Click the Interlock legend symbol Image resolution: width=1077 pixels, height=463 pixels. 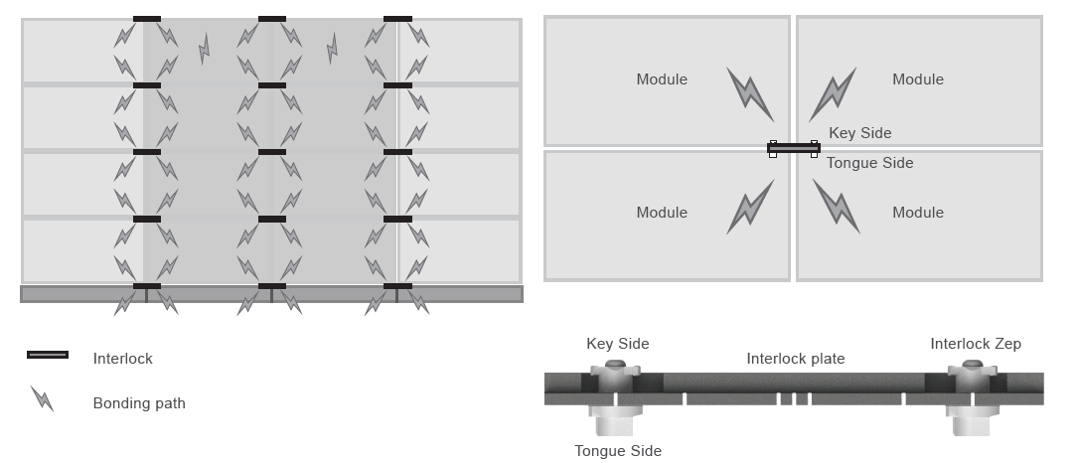pyautogui.click(x=48, y=355)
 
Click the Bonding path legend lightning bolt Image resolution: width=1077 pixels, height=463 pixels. pyautogui.click(x=43, y=399)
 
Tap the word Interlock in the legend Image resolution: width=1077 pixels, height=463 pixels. pyautogui.click(x=122, y=359)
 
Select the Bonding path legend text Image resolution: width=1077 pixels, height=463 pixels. pyautogui.click(x=139, y=403)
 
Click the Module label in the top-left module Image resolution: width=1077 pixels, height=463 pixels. pyautogui.click(x=662, y=79)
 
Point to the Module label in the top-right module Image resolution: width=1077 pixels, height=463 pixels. pyautogui.click(x=918, y=79)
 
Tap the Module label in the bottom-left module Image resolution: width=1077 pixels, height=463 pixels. pyautogui.click(x=662, y=213)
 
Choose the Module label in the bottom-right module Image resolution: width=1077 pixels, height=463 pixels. pyautogui.click(x=918, y=213)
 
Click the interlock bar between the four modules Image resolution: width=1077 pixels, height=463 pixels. pyautogui.click(x=793, y=149)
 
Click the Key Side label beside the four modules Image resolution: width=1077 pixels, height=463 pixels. pyautogui.click(x=860, y=133)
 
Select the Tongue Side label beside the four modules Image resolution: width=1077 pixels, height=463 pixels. pyautogui.click(x=869, y=163)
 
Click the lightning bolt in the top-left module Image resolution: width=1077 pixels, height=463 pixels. pyautogui.click(x=750, y=95)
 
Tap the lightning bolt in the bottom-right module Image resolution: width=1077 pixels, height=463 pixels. pyautogui.click(x=837, y=206)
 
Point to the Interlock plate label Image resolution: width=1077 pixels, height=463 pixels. pyautogui.click(x=796, y=359)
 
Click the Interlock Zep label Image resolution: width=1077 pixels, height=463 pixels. pyautogui.click(x=976, y=344)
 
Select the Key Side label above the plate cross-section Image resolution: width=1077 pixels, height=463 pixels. pyautogui.click(x=618, y=344)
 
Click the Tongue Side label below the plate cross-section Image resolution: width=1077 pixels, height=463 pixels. pyautogui.click(x=618, y=451)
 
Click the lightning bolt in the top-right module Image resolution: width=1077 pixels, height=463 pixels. pyautogui.click(x=833, y=95)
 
